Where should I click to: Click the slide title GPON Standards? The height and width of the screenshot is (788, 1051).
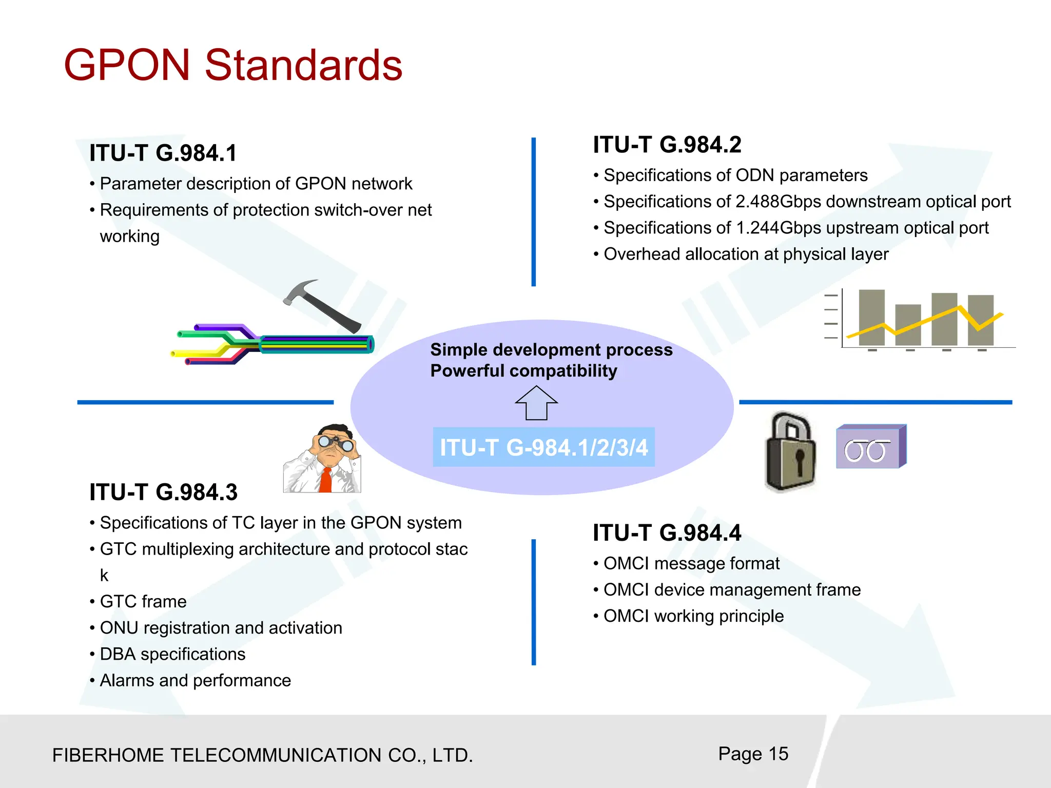point(233,65)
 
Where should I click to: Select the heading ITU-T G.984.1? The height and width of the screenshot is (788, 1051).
point(163,153)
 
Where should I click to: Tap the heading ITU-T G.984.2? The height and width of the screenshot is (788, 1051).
point(667,145)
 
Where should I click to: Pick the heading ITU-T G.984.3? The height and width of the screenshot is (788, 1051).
point(163,493)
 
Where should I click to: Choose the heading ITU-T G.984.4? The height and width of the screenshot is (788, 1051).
point(667,533)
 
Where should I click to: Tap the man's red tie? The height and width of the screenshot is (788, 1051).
point(326,480)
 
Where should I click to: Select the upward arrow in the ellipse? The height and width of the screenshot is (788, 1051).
point(536,403)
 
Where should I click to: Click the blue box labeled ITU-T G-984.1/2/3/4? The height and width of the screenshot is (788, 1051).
point(543,447)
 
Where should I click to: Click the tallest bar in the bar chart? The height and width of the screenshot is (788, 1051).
point(871,317)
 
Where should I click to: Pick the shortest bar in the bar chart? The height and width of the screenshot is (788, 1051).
point(908,324)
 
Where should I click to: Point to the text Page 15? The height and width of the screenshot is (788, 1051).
point(753,754)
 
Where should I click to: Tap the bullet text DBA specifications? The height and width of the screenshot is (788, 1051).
point(172,654)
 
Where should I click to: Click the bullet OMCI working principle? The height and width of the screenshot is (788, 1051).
point(693,616)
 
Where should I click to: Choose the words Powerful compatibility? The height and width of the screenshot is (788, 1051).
point(523,371)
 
